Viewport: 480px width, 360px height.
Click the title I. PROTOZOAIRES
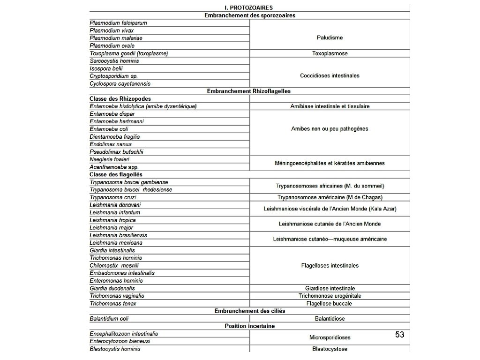(249, 7)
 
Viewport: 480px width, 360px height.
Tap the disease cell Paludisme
(330, 37)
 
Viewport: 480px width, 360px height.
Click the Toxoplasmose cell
(330, 53)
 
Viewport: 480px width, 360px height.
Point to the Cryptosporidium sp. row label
(113, 76)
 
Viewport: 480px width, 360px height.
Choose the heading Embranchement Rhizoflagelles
(249, 91)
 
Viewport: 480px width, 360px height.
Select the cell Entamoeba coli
(109, 129)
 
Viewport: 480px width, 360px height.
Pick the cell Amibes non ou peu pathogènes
(330, 129)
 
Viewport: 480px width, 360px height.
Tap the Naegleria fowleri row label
(109, 159)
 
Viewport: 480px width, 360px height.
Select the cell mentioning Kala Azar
(330, 209)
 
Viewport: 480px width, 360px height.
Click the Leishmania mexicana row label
(116, 243)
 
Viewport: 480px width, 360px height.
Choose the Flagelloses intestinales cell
(330, 265)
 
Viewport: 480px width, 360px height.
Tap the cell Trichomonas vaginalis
(117, 296)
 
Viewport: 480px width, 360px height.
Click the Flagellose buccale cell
(330, 303)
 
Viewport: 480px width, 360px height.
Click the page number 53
(399, 334)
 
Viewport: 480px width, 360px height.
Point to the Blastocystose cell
(330, 349)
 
